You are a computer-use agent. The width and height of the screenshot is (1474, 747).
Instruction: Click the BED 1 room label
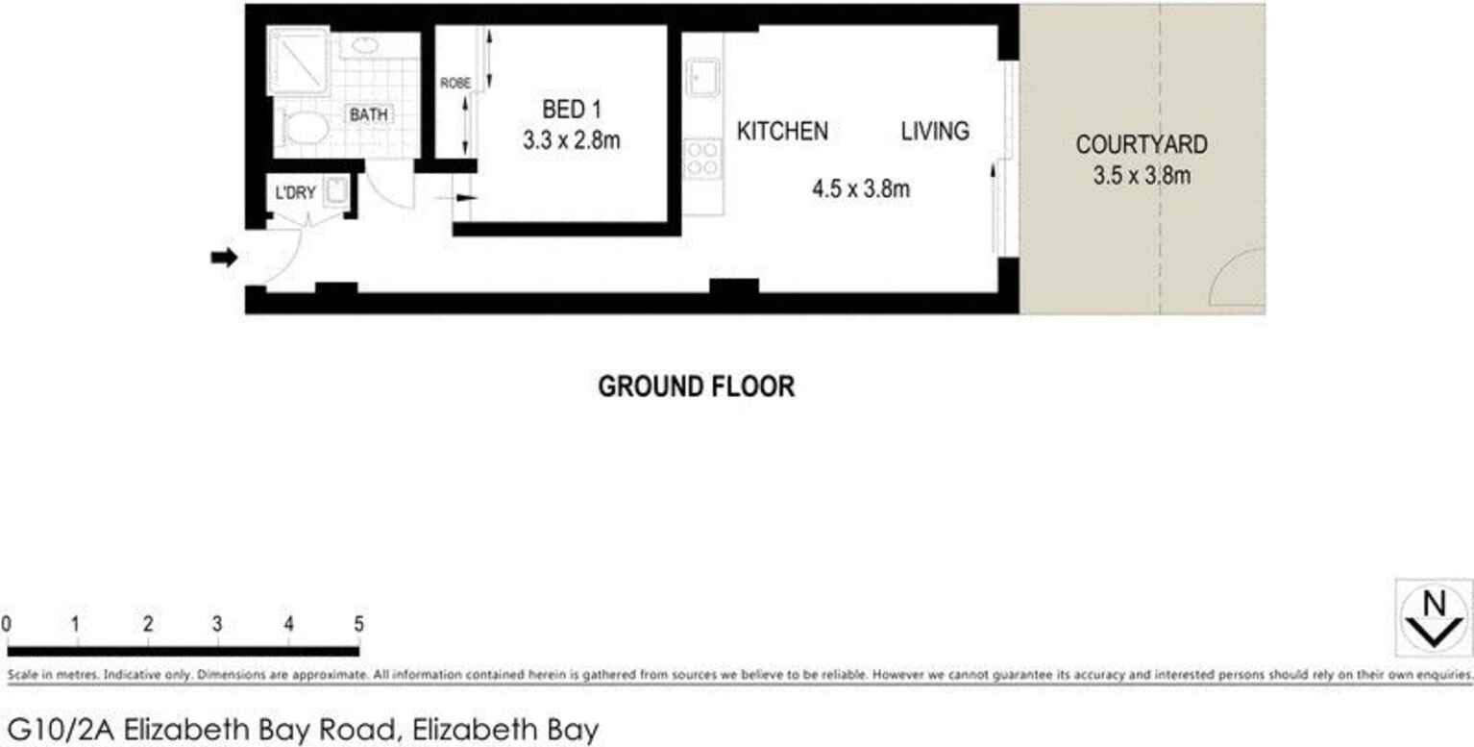(571, 110)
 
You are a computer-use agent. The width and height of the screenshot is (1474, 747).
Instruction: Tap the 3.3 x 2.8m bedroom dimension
(571, 140)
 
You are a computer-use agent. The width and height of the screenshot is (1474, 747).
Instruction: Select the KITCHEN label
(782, 131)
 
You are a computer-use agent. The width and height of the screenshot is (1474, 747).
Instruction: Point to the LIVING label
(935, 131)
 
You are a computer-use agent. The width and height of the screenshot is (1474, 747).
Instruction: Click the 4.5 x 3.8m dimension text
(861, 188)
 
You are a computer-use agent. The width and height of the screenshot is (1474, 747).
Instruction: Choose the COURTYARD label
(1142, 145)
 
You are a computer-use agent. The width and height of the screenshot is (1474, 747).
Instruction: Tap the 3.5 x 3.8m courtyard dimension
(1142, 176)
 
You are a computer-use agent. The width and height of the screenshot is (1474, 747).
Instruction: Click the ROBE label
(455, 83)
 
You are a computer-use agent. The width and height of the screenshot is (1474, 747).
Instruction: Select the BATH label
(369, 114)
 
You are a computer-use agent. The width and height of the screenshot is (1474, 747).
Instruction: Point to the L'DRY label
(295, 193)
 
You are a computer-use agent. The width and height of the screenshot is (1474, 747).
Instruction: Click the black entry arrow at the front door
(224, 258)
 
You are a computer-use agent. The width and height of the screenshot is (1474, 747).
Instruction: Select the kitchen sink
(702, 78)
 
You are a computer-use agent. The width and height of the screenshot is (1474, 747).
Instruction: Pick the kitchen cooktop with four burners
(702, 158)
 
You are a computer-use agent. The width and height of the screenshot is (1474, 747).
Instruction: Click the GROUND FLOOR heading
(697, 386)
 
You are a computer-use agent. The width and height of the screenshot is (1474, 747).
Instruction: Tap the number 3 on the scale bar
(218, 624)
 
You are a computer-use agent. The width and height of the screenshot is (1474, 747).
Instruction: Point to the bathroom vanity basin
(364, 45)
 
